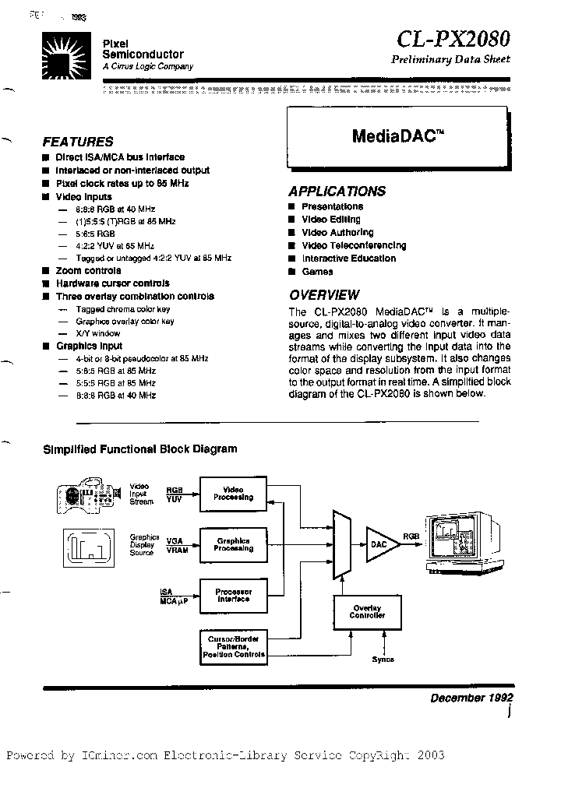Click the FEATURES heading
77,142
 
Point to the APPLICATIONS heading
337,191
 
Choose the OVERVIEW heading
324,295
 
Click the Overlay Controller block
367,611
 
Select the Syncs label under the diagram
383,660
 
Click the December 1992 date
471,698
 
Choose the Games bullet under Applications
317,272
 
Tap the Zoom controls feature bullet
88,270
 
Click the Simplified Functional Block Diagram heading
139,449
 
